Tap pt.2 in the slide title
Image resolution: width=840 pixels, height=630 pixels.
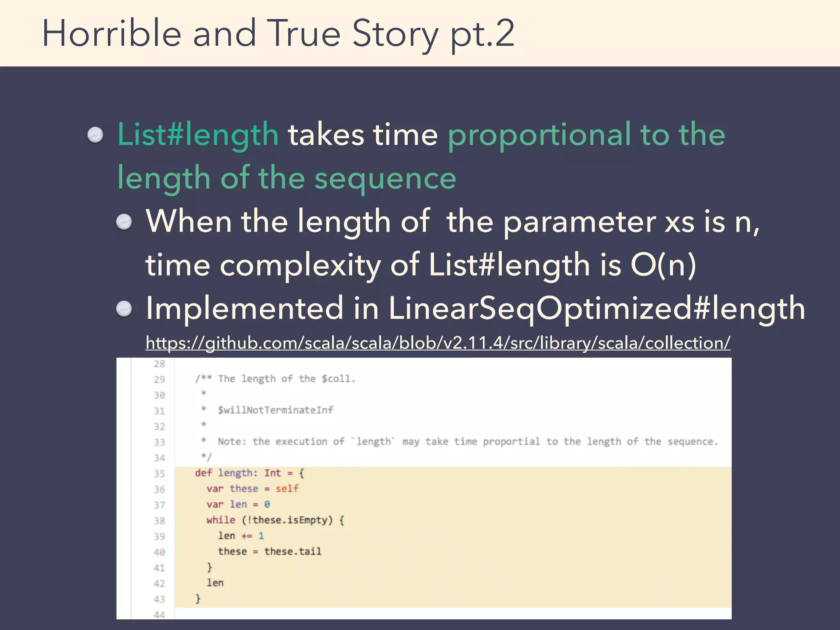pyautogui.click(x=482, y=34)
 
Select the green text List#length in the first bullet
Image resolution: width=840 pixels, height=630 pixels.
pyautogui.click(x=198, y=135)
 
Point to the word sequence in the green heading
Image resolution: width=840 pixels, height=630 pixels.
pyautogui.click(x=385, y=179)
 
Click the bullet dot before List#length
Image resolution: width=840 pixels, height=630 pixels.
pyautogui.click(x=96, y=135)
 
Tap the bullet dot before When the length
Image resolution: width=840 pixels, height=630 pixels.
pyautogui.click(x=124, y=222)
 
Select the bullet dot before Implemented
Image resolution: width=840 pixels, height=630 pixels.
pyautogui.click(x=124, y=308)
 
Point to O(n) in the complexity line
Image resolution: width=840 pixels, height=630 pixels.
pyautogui.click(x=663, y=265)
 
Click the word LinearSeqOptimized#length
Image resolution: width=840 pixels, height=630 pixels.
pyautogui.click(x=597, y=308)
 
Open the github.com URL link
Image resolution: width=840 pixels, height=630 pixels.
pyautogui.click(x=438, y=343)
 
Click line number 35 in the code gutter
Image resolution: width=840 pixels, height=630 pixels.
pyautogui.click(x=159, y=474)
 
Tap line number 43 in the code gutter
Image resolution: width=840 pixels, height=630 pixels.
pyautogui.click(x=159, y=599)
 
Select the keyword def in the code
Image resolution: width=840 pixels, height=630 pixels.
pyautogui.click(x=203, y=473)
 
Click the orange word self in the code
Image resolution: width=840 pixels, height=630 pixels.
pyautogui.click(x=287, y=488)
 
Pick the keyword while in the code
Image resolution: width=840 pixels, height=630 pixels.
pyautogui.click(x=221, y=520)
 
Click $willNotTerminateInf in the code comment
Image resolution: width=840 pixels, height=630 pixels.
pyautogui.click(x=275, y=410)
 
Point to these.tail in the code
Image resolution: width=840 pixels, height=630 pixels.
pyautogui.click(x=292, y=552)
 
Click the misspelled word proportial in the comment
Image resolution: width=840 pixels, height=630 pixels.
pyautogui.click(x=511, y=442)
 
